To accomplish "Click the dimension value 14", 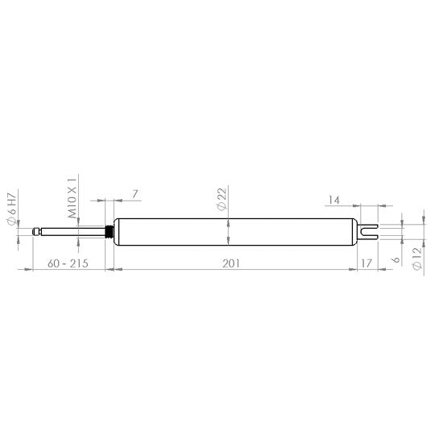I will click(x=336, y=197).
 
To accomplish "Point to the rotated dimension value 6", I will click(x=395, y=260).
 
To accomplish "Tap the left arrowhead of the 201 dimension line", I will click(x=116, y=270).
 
